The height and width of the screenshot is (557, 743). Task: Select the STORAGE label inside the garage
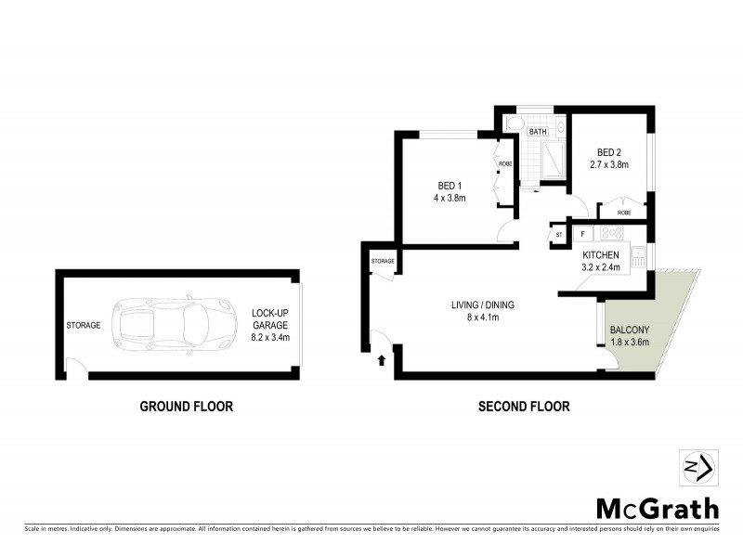tap(83, 326)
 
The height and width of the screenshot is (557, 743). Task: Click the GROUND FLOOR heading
tap(186, 406)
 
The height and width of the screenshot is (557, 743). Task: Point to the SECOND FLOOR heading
tap(524, 406)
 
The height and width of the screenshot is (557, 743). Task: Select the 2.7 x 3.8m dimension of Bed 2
tap(609, 165)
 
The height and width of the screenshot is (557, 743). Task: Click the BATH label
tap(538, 132)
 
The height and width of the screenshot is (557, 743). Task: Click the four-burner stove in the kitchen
tap(612, 235)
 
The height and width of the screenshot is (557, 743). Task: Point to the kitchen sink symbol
tap(639, 255)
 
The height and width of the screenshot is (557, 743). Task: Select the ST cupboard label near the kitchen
tap(559, 236)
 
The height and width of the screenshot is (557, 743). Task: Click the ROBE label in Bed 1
tap(505, 164)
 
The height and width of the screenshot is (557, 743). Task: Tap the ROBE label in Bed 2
tap(623, 213)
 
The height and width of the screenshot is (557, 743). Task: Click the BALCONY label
tap(630, 330)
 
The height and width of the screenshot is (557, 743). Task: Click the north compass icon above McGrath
tap(696, 467)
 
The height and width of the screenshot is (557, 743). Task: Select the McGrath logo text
tap(657, 508)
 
